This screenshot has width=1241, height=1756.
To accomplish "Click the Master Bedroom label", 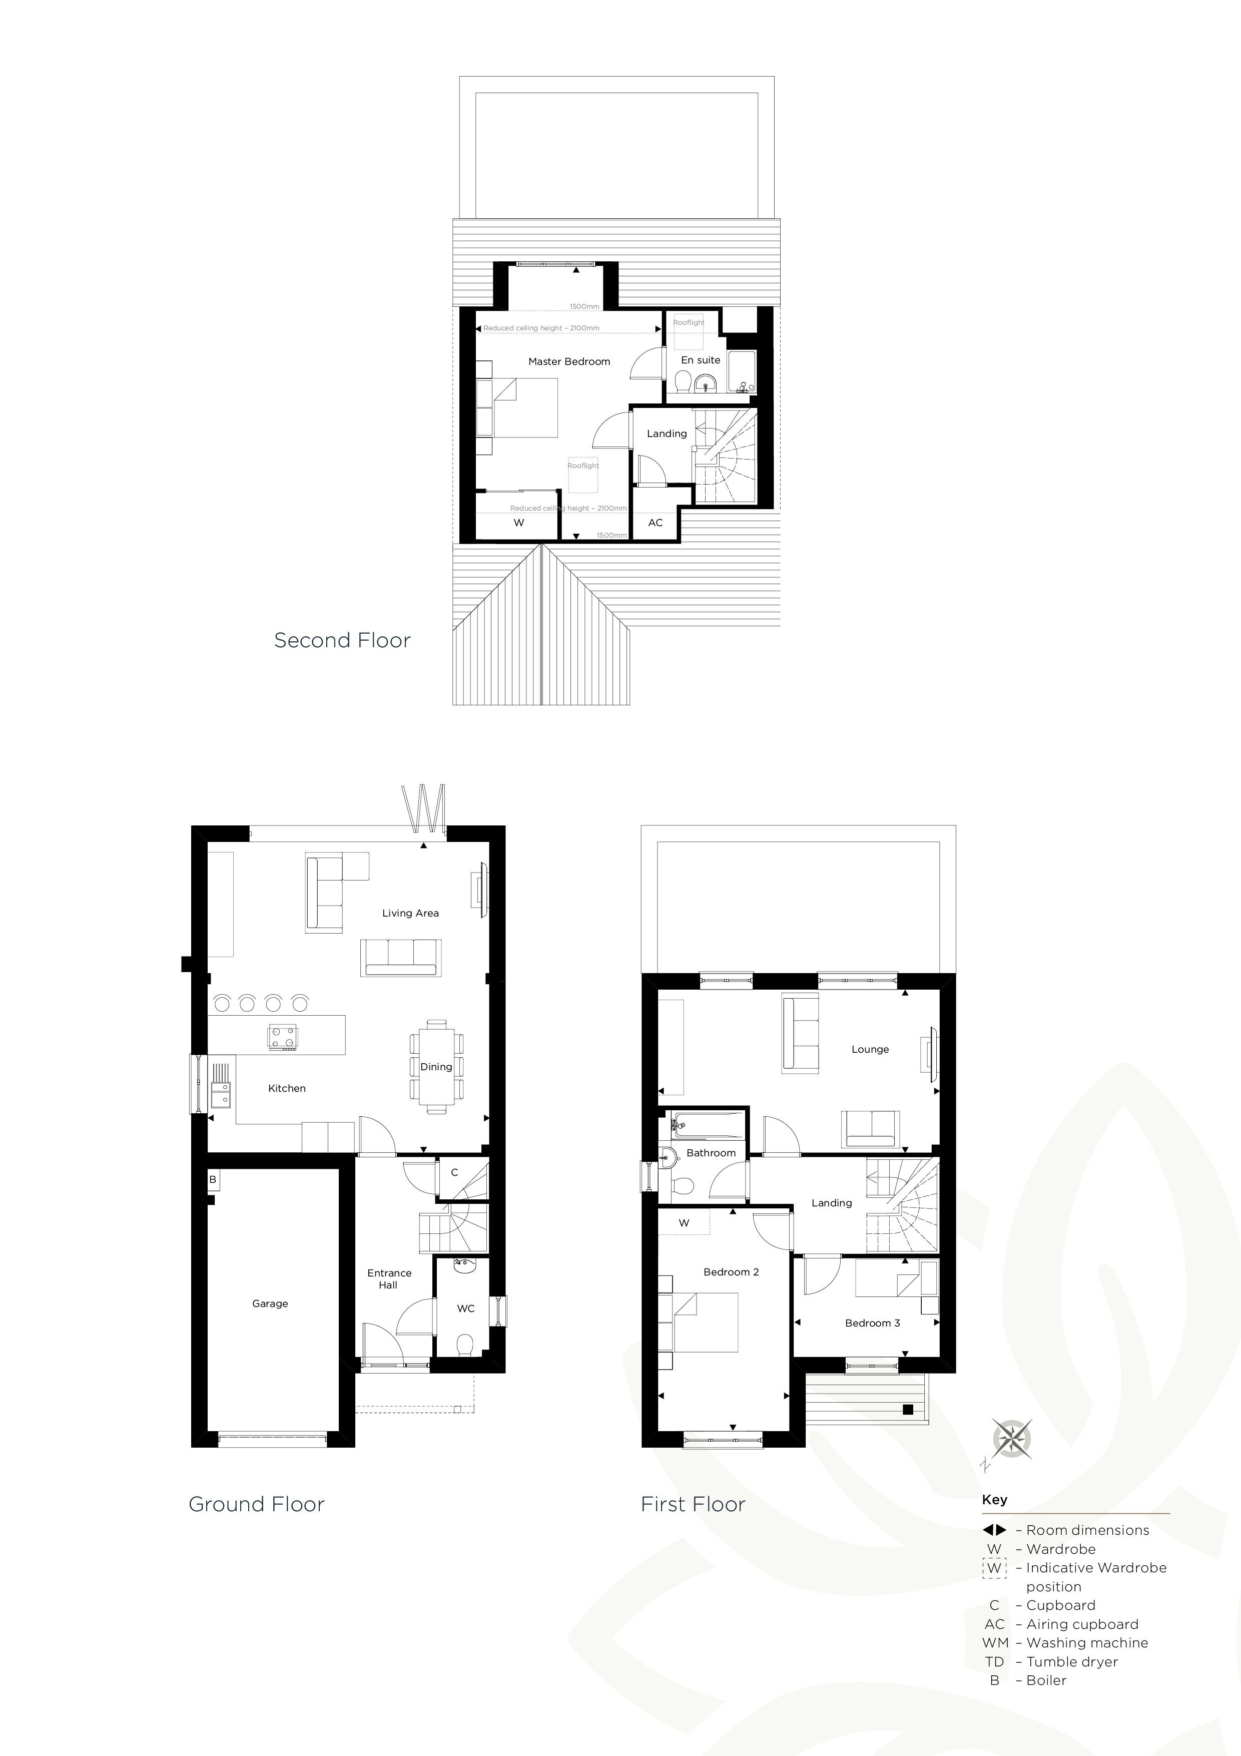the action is (x=569, y=362).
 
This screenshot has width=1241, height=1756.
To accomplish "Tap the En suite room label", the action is (x=701, y=360).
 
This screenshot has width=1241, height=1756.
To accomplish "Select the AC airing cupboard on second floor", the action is (x=656, y=523).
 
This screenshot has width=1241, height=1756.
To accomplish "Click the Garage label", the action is (x=270, y=1303).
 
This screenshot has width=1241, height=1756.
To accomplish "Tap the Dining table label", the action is (x=436, y=1067).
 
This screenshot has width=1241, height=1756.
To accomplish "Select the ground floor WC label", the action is (x=466, y=1308).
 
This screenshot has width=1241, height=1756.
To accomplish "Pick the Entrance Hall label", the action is (x=389, y=1279).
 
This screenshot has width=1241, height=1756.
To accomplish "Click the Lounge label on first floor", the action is (x=870, y=1049).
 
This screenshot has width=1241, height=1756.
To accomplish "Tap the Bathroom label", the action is (x=711, y=1153).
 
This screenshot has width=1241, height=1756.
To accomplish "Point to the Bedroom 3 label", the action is (x=872, y=1323).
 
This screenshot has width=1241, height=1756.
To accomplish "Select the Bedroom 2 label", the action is (x=731, y=1272).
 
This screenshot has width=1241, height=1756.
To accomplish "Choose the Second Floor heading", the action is (x=343, y=640).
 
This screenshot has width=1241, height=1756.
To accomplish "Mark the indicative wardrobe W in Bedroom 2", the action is (x=684, y=1223).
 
